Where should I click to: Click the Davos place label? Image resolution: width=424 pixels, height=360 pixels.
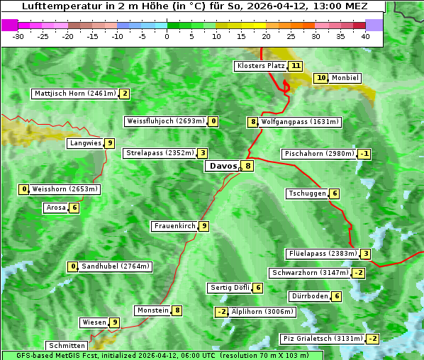tap(222, 166)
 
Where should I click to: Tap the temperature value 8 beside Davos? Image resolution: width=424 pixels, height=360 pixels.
tap(247, 166)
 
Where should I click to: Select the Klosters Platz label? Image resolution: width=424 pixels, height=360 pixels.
tap(260, 66)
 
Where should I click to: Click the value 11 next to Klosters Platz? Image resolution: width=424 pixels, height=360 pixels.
tap(296, 66)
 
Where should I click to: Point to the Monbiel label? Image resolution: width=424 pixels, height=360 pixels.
tap(345, 78)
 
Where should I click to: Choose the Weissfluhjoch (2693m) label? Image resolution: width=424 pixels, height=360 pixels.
tap(166, 121)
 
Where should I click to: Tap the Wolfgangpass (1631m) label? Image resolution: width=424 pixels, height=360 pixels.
tap(300, 122)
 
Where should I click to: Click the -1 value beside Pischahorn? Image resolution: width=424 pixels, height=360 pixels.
tap(364, 154)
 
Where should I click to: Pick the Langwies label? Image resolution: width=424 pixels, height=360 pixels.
tap(84, 143)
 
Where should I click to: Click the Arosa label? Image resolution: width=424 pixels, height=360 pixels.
tap(55, 208)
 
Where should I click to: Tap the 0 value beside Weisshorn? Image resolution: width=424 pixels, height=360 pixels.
tap(25, 189)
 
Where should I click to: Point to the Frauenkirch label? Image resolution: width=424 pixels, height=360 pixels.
tap(174, 226)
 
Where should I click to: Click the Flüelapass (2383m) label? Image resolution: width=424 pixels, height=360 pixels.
tap(321, 254)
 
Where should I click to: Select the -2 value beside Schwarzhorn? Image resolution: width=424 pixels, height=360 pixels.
tap(359, 273)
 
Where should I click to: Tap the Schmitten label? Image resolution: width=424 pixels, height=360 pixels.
tap(67, 346)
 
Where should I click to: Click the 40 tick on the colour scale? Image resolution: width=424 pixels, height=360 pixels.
tap(365, 35)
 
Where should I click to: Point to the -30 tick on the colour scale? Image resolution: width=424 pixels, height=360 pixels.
tap(18, 35)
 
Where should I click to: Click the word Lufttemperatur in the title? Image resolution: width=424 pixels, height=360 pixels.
tap(55, 6)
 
